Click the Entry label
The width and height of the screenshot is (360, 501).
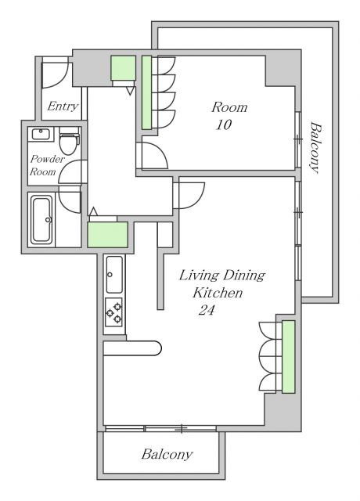63,106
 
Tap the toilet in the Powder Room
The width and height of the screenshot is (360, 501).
70,140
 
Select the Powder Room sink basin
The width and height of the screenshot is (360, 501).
41,134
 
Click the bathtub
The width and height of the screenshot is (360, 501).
41,219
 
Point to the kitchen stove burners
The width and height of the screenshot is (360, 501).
114,312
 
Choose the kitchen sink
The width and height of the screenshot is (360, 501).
114,275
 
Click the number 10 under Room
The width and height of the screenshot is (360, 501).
224,124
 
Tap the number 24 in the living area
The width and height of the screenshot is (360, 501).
207,310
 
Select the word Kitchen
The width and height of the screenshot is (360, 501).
218,292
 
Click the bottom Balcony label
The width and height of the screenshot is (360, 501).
167,454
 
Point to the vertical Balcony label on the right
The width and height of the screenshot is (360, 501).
315,147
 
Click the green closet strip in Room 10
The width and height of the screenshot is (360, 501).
146,92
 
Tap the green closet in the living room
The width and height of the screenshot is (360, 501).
289,357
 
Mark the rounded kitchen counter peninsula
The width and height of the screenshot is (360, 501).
132,348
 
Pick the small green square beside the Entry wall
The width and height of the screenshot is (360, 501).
124,68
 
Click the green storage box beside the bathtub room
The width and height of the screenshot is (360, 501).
108,235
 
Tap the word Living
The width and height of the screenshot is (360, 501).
199,276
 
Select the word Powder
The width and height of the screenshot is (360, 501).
48,159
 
